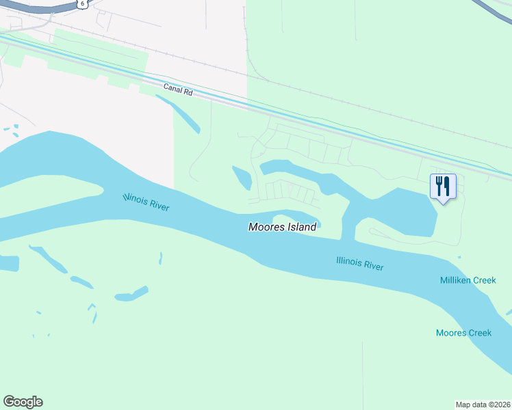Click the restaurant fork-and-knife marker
click(x=443, y=186)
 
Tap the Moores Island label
click(x=282, y=227)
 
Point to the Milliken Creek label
click(x=468, y=281)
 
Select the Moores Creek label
click(x=463, y=333)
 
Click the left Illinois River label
click(x=146, y=202)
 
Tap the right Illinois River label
click(x=360, y=263)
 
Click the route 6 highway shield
click(x=82, y=3)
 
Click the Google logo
click(x=23, y=402)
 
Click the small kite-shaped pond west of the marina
click(x=242, y=178)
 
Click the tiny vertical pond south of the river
click(x=160, y=258)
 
